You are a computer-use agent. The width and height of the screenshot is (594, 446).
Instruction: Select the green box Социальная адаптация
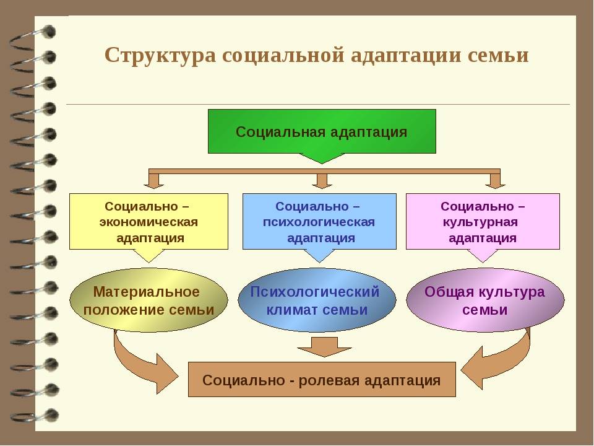click(322, 131)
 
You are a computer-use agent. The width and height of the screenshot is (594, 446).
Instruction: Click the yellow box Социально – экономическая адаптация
click(148, 221)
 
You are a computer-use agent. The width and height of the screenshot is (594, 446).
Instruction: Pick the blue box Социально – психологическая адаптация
click(319, 221)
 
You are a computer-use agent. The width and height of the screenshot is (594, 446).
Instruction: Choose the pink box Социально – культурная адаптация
click(483, 221)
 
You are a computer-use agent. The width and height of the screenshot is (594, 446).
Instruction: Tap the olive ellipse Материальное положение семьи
click(148, 300)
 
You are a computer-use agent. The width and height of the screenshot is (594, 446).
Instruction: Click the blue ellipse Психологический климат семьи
click(317, 300)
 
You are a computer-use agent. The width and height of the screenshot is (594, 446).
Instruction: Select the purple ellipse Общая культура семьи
click(485, 300)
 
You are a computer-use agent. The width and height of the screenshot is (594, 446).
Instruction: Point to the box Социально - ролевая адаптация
click(322, 380)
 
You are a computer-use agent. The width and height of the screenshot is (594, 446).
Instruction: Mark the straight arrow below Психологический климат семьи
click(321, 347)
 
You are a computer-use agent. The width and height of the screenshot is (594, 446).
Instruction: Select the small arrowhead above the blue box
click(321, 181)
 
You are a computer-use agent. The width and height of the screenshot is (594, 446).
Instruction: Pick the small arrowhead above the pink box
click(494, 181)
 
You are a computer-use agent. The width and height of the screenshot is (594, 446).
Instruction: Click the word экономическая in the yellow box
click(148, 222)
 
